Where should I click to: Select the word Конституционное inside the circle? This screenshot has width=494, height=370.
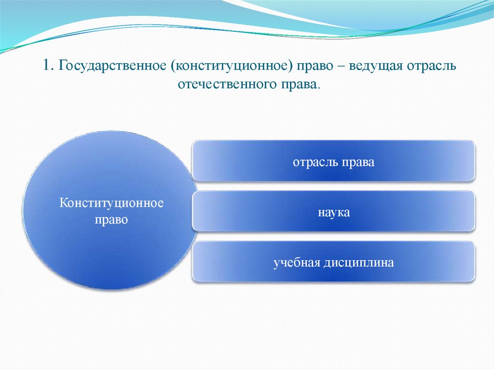point(111,203)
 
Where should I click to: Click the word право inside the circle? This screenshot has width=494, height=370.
point(111,220)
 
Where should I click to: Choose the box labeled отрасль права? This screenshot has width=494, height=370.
point(333,161)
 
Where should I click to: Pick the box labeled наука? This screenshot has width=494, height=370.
point(333,211)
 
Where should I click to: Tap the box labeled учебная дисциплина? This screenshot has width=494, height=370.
point(333,262)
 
